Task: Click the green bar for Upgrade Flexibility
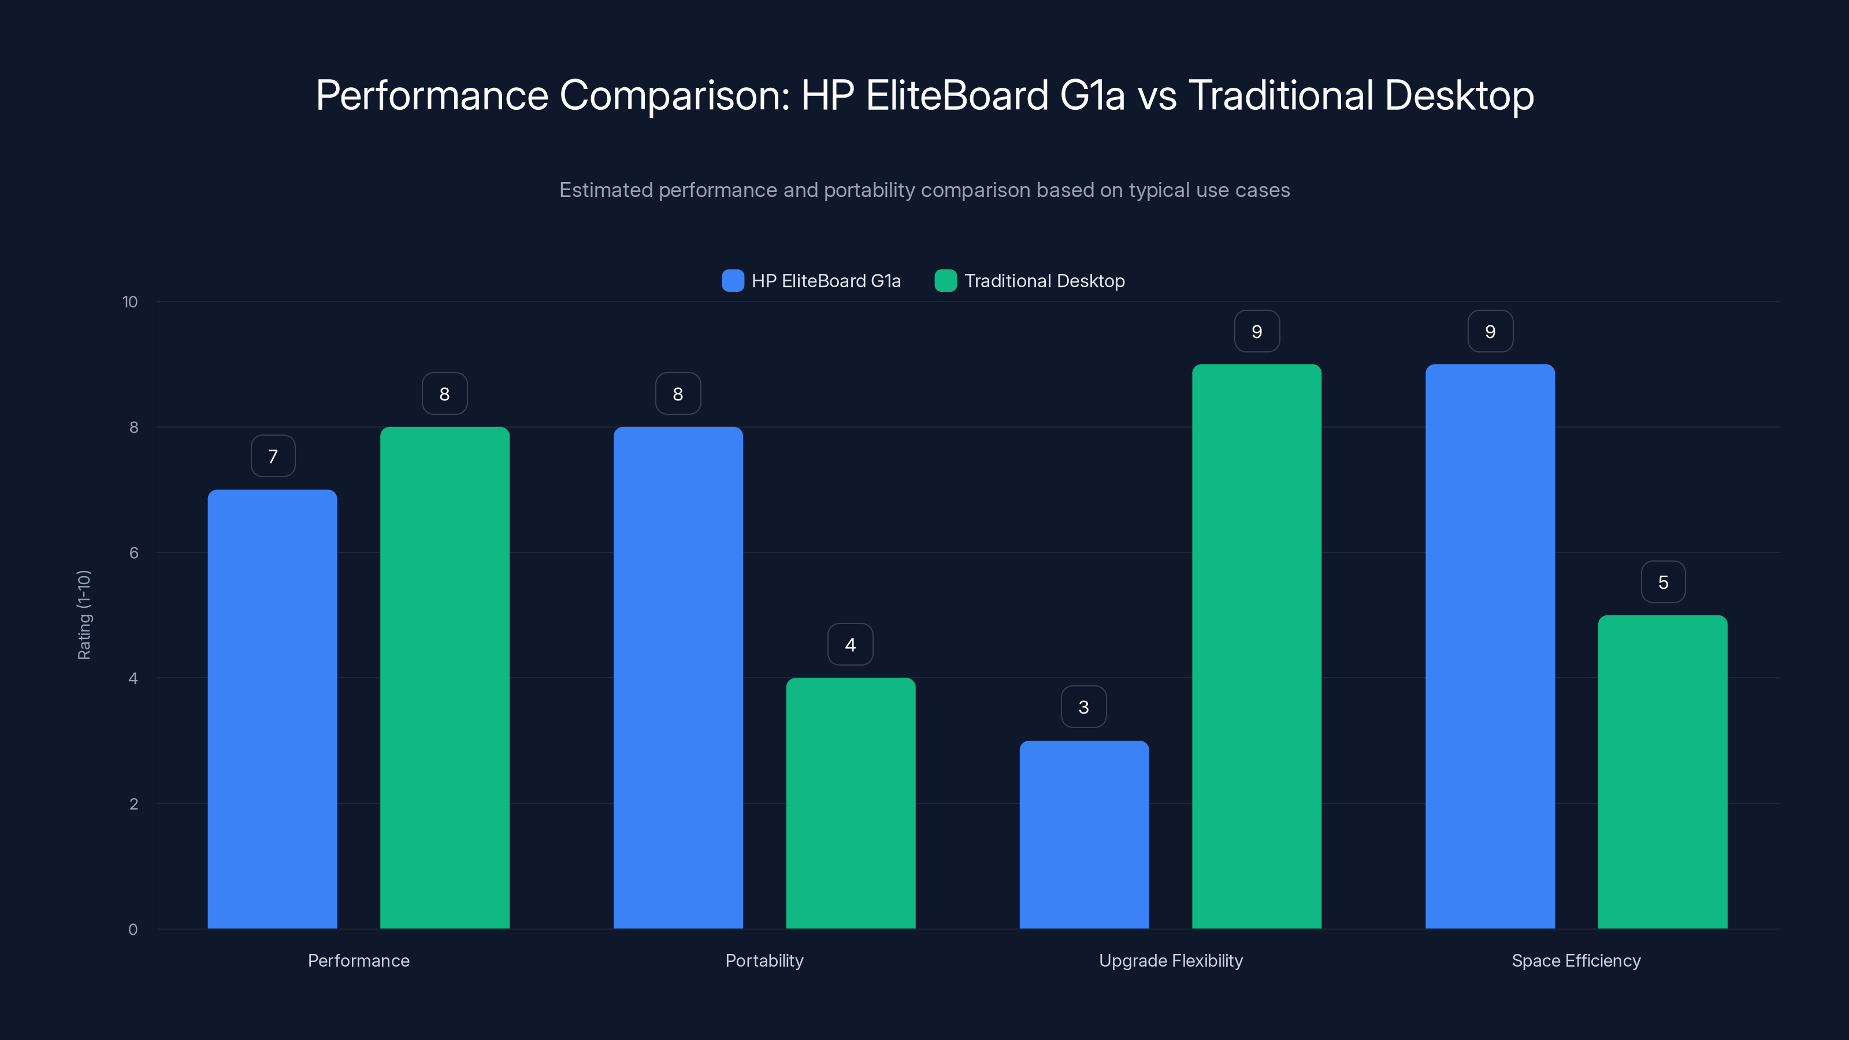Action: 1256,646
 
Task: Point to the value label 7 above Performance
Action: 273,456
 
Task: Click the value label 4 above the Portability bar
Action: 851,645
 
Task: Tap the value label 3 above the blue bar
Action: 1084,707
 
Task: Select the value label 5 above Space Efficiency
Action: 1663,582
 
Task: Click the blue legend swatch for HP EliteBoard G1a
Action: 733,281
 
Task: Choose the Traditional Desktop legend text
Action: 1044,281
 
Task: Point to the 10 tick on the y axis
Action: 130,302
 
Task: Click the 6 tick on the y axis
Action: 133,553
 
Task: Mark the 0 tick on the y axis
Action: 133,930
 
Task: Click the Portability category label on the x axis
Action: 764,960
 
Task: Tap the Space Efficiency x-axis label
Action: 1576,960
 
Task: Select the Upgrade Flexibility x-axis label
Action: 1171,960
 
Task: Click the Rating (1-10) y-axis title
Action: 84,615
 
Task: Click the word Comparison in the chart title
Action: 674,95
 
